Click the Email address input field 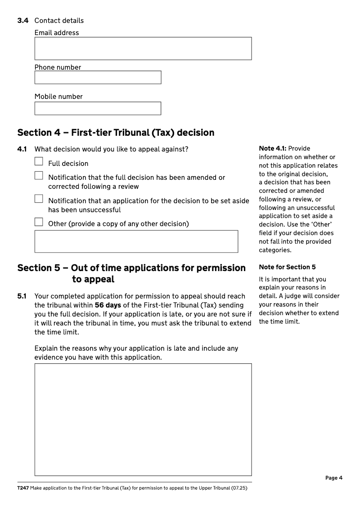[x=143, y=49]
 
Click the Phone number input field [x=98, y=77]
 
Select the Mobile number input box [x=98, y=108]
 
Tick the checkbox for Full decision [x=39, y=161]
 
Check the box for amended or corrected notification [x=39, y=176]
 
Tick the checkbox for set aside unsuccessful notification [x=39, y=199]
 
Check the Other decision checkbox [x=39, y=222]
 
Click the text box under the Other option [x=136, y=241]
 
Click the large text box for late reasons [x=143, y=419]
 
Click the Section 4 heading [x=116, y=133]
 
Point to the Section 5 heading [x=131, y=273]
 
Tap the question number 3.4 [x=23, y=21]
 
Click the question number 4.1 [x=22, y=149]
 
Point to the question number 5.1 [x=22, y=296]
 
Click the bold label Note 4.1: [x=272, y=148]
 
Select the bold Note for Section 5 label [x=287, y=267]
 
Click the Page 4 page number [x=334, y=478]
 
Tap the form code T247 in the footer [x=23, y=488]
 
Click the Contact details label [x=59, y=21]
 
